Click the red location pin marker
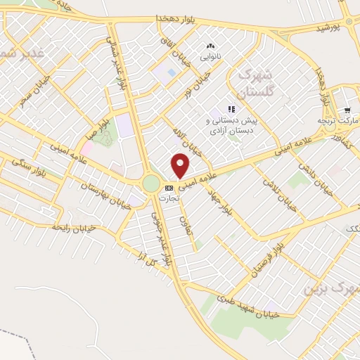[x=181, y=166]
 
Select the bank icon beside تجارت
[x=169, y=188]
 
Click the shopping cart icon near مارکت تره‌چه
[x=347, y=110]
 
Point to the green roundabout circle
[x=151, y=184]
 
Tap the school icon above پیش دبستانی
[x=232, y=109]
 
